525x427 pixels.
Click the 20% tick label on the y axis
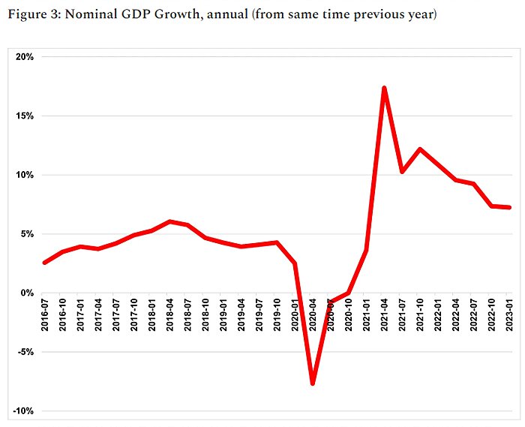[22, 57]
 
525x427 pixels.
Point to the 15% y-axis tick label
[22, 116]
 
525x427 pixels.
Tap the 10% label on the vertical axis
[22, 175]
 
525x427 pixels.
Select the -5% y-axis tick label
[22, 352]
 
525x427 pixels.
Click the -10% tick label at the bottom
[20, 411]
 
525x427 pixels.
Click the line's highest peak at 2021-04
[384, 88]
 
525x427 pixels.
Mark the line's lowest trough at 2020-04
[313, 383]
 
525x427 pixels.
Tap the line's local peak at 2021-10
[420, 149]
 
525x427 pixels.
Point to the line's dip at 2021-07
[402, 172]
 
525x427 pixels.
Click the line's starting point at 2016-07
[45, 263]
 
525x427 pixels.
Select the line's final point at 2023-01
[510, 208]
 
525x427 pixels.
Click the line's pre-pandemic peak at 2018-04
[170, 221]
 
